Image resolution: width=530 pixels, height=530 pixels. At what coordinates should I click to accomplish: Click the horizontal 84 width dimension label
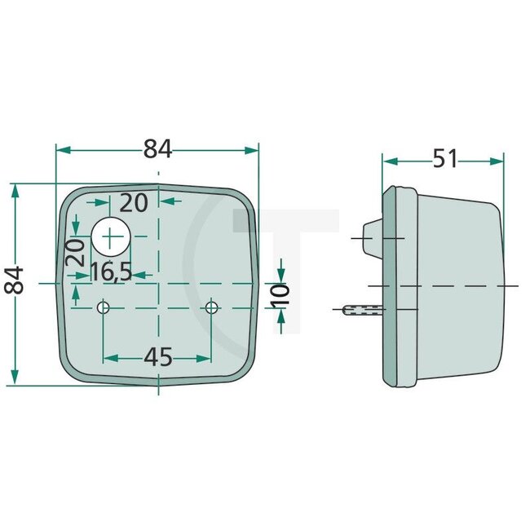[157, 149]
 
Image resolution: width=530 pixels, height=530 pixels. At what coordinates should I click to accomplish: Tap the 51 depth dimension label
[444, 159]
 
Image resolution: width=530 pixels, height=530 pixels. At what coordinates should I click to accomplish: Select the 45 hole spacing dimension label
[157, 356]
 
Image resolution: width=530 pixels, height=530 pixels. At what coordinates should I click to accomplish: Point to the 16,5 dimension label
[110, 272]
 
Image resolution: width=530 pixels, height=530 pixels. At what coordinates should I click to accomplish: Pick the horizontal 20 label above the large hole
[133, 201]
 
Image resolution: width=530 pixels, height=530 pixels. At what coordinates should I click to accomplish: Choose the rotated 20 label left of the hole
[76, 252]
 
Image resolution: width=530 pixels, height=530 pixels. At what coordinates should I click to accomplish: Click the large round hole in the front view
[111, 236]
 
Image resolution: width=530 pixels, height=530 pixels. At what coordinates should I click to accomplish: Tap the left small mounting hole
[104, 307]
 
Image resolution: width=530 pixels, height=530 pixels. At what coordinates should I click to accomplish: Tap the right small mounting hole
[212, 307]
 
